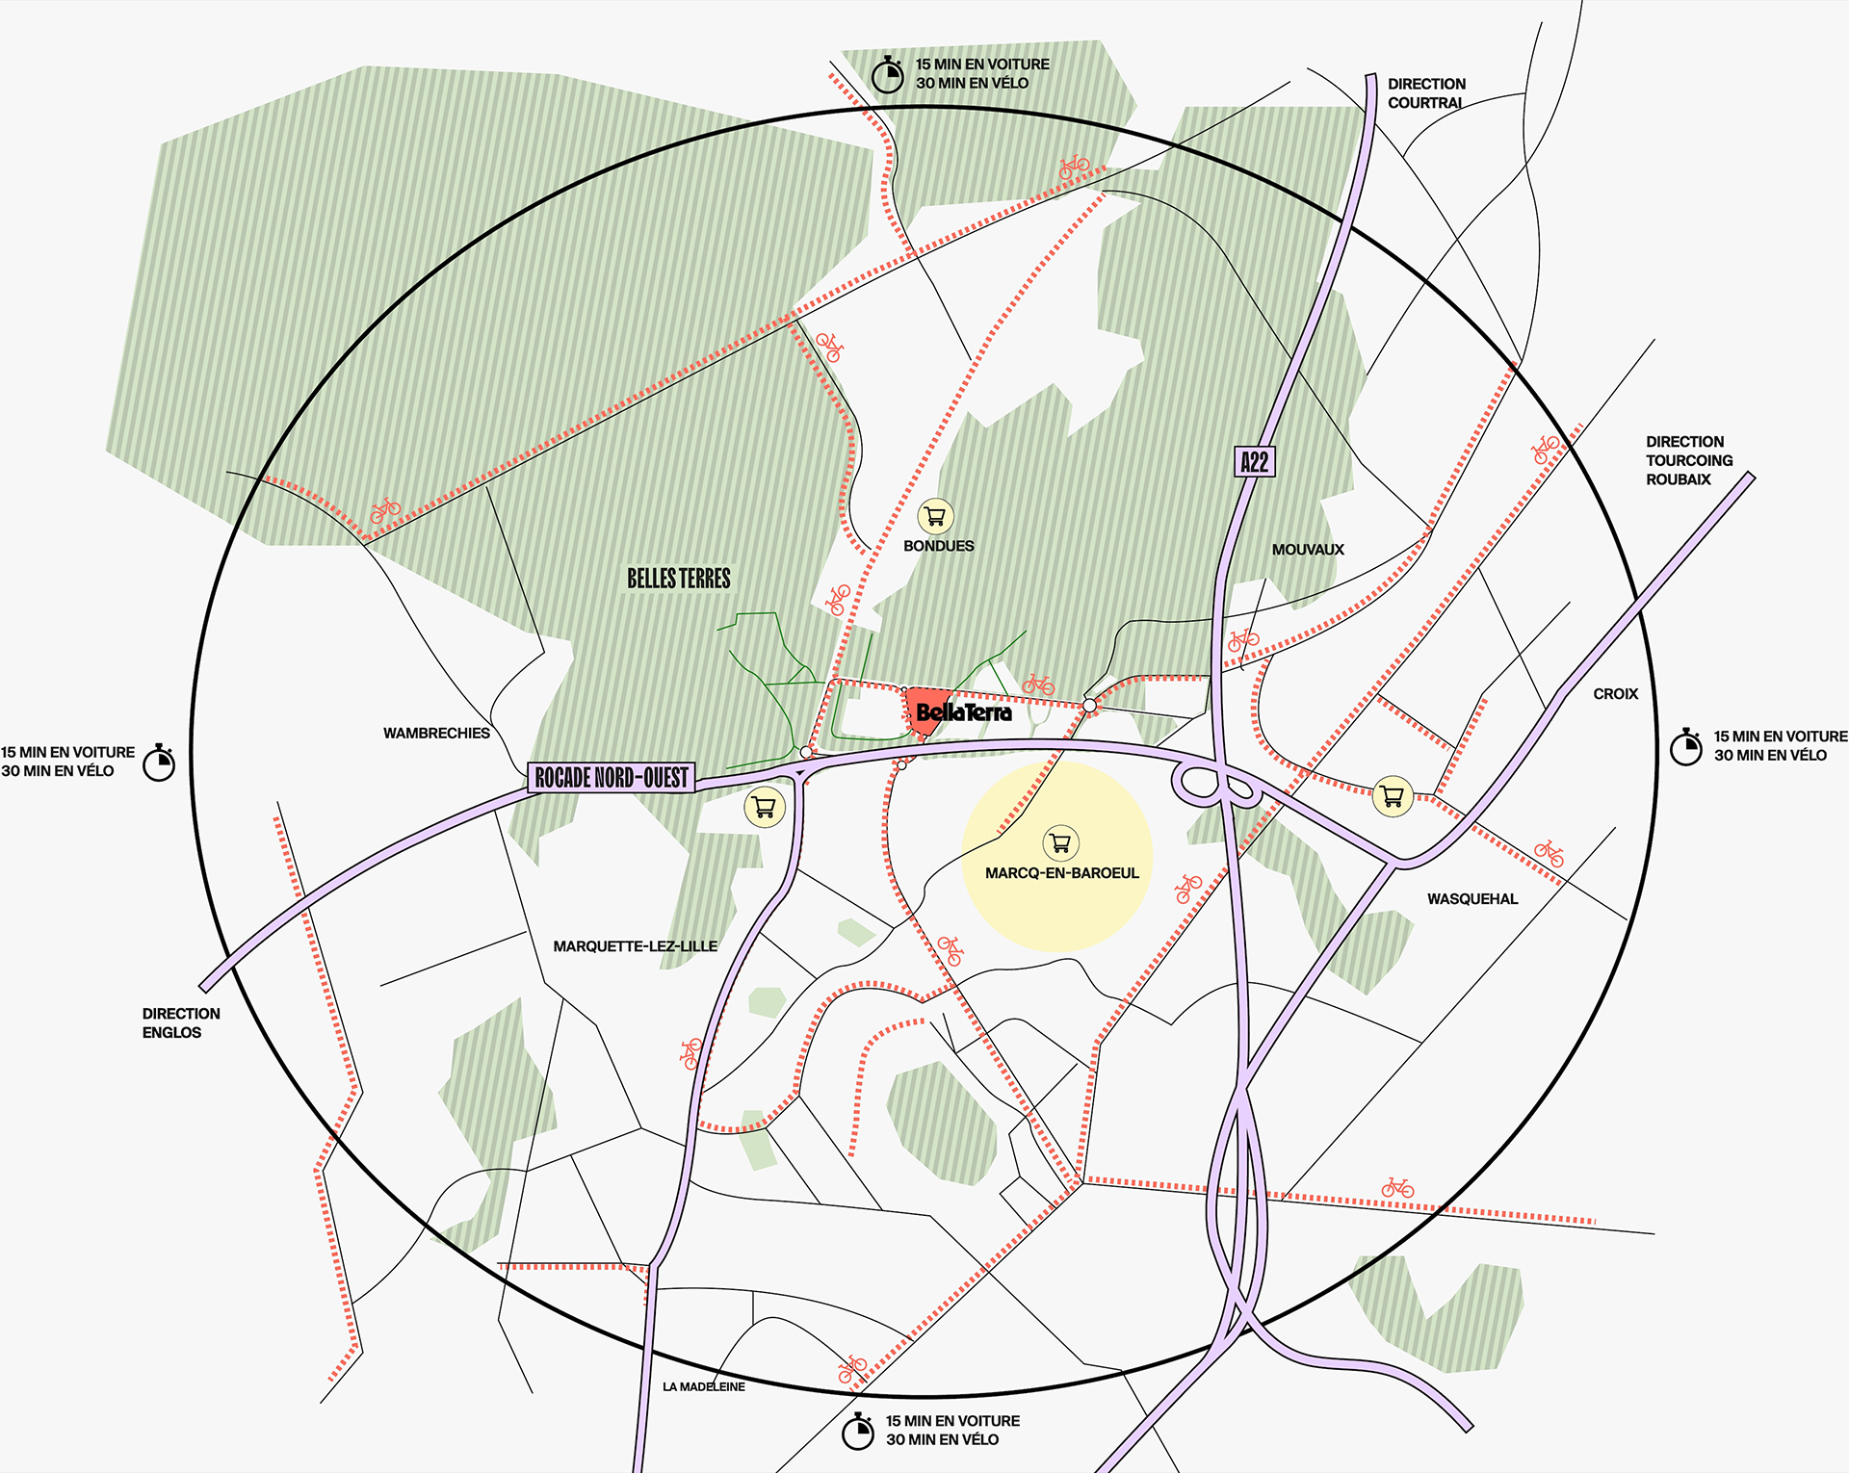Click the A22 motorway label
tap(1254, 462)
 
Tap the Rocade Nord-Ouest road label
tap(612, 777)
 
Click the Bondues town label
tap(938, 546)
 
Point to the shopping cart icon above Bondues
tap(935, 517)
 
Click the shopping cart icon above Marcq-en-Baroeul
tap(1060, 843)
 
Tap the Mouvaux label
tap(1307, 550)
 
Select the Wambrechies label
tap(436, 734)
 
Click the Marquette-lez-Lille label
tap(635, 946)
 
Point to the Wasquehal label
tap(1471, 899)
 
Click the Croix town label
tap(1615, 694)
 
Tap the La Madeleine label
tap(703, 1387)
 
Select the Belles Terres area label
tap(679, 579)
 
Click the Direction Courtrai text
tap(1425, 93)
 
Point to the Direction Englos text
tap(180, 1023)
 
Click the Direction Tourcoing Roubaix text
tap(1688, 460)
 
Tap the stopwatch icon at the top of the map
tap(887, 74)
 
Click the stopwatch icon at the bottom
tap(858, 1431)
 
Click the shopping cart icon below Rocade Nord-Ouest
tap(765, 807)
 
